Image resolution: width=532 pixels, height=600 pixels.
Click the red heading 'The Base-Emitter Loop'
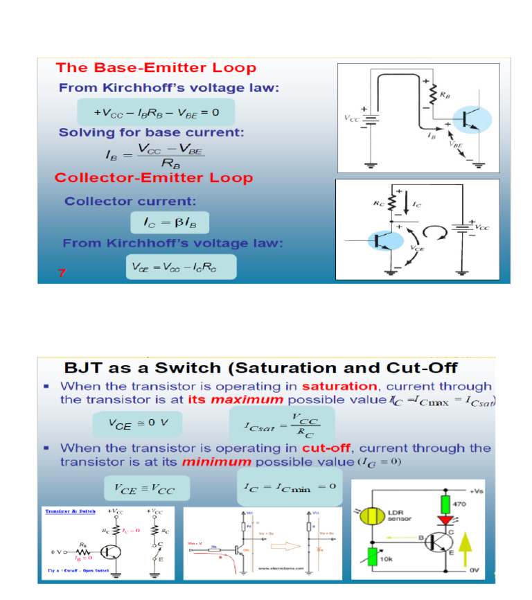tap(156, 68)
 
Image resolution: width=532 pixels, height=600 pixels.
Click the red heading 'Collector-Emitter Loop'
tap(154, 178)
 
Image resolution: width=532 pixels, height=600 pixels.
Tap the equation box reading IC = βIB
tap(170, 222)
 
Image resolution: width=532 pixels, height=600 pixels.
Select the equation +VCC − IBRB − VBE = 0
tap(157, 112)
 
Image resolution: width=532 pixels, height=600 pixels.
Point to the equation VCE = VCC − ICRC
tap(180, 267)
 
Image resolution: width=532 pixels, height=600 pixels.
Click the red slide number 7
tap(62, 273)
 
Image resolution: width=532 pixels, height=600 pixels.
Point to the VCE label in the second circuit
tap(418, 247)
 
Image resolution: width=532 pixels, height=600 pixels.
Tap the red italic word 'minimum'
tap(222, 461)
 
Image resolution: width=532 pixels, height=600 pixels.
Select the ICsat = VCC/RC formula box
tap(282, 423)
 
